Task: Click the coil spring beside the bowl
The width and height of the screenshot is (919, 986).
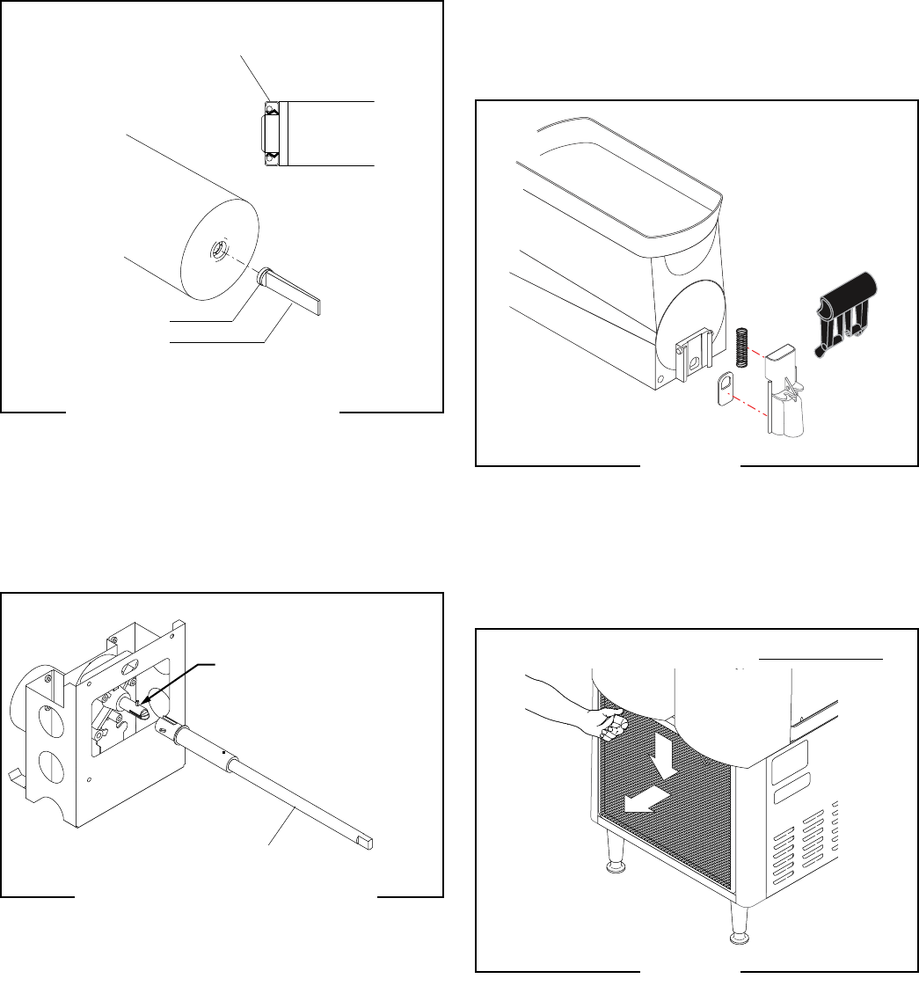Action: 742,344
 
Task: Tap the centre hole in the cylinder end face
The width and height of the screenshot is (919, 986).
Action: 216,253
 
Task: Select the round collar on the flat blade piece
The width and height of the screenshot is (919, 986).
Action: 260,277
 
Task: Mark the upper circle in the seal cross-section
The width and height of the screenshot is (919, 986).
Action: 272,108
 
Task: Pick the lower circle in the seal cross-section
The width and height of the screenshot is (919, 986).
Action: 272,157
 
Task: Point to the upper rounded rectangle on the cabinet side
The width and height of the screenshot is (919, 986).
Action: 788,756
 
